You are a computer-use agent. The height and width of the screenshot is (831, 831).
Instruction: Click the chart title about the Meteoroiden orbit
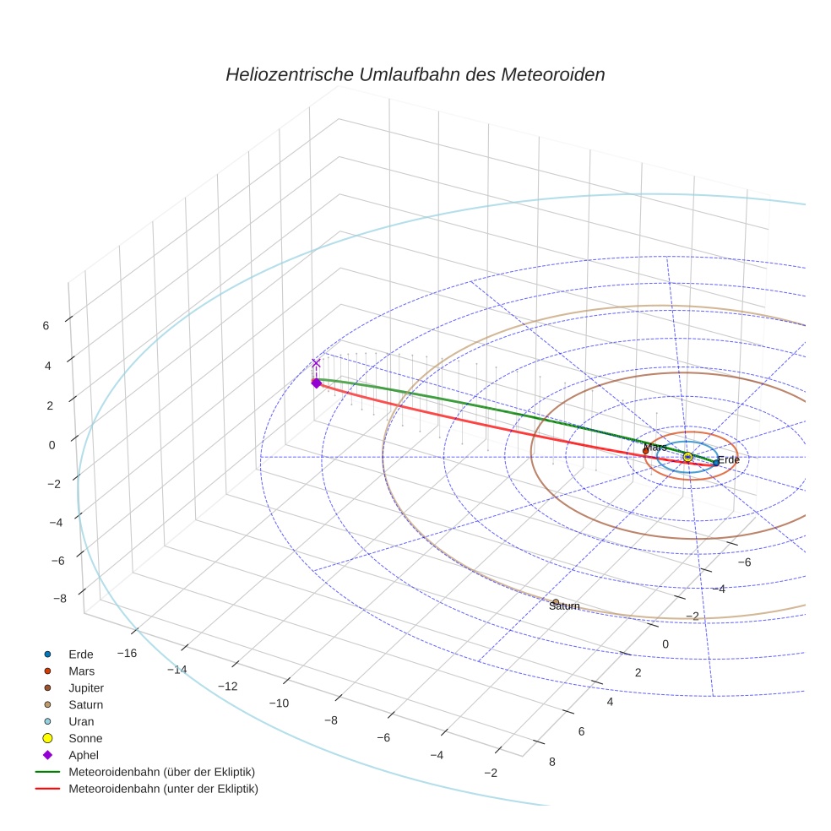[415, 74]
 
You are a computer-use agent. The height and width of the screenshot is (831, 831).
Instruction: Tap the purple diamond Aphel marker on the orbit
[316, 383]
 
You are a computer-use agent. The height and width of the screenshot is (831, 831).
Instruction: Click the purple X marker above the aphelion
[316, 363]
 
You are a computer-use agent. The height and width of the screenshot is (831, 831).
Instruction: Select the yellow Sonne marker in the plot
[687, 457]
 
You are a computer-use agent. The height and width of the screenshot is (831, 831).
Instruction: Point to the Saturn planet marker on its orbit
[555, 601]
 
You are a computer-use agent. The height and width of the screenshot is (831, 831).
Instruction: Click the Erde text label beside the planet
[729, 460]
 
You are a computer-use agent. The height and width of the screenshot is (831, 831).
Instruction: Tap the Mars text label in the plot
[654, 447]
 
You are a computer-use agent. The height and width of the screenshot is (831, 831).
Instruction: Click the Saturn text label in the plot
[564, 606]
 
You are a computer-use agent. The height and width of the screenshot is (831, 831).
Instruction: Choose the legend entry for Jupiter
[86, 687]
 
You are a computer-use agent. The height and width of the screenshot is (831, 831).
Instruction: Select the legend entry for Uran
[81, 721]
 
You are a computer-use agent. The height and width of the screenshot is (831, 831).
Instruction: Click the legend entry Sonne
[85, 738]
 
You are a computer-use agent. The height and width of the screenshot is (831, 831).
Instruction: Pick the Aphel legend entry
[84, 755]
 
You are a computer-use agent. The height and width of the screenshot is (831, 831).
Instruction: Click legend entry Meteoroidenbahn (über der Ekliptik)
[161, 772]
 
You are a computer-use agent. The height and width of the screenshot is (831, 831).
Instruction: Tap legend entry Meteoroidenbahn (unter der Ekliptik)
[163, 789]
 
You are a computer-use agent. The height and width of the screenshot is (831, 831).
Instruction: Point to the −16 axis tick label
[128, 653]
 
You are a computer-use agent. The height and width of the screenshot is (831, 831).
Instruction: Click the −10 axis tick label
[279, 703]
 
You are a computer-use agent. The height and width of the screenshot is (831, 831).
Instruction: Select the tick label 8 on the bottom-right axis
[552, 762]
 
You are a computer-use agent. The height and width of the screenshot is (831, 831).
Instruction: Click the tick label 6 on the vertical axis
[46, 325]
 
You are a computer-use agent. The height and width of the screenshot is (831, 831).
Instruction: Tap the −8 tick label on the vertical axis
[60, 599]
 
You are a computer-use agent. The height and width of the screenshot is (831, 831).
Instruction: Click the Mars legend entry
[81, 671]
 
